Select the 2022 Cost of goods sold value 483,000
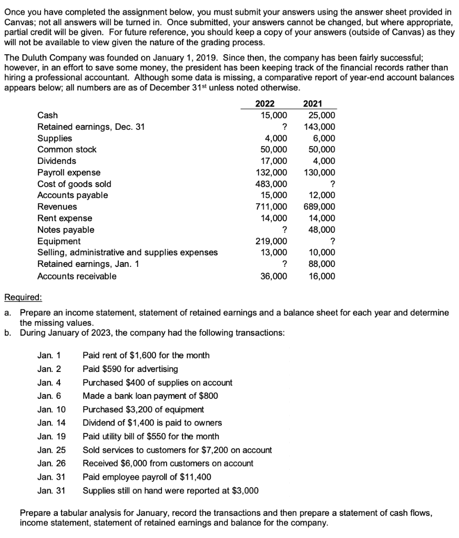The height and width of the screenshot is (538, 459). (x=272, y=184)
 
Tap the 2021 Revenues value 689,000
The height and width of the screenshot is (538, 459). (x=319, y=207)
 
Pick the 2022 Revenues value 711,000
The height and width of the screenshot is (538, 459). (x=272, y=207)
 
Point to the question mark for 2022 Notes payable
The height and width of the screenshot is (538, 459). (x=284, y=230)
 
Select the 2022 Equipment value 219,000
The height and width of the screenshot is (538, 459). (x=272, y=241)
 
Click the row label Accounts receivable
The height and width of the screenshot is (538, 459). (x=77, y=276)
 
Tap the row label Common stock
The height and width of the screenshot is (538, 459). (x=67, y=150)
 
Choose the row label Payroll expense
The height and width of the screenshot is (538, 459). (x=69, y=172)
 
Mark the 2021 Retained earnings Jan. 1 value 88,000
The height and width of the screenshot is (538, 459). (x=322, y=264)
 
